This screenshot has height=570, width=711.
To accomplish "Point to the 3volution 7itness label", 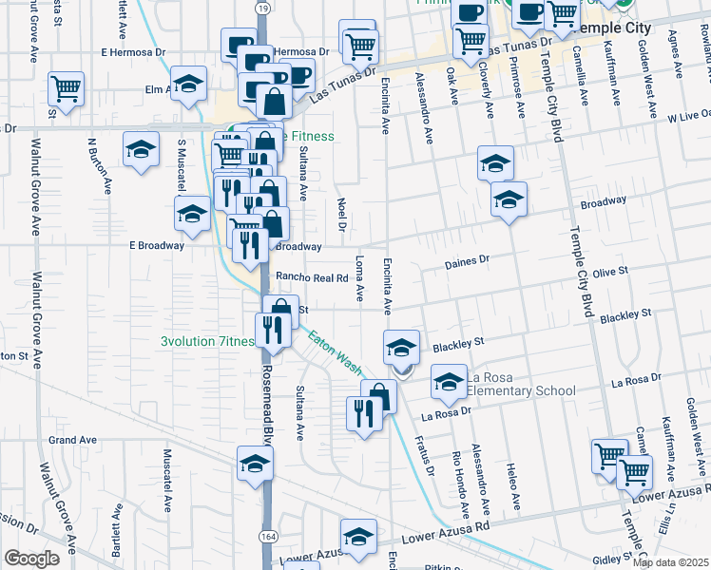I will coord(206,342).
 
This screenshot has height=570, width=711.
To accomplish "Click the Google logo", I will coord(31,559).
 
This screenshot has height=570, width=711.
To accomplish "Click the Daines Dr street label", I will coord(467,259).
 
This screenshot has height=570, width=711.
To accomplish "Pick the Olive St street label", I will coord(610,272).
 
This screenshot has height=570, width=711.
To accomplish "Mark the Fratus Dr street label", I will coord(423,457).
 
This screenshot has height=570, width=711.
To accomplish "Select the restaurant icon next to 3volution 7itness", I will coord(272,330).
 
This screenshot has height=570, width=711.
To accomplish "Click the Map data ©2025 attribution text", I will coord(670,562).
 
